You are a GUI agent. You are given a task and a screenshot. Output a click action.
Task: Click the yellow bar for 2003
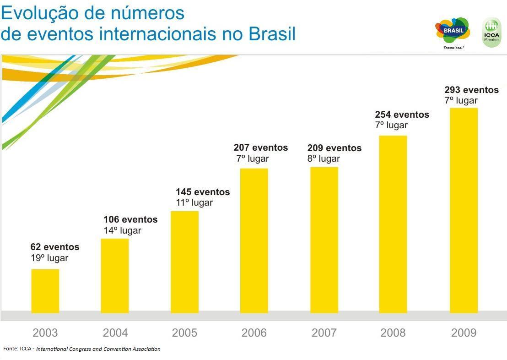[x=45, y=291]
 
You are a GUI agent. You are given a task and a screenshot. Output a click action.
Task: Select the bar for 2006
[x=254, y=240]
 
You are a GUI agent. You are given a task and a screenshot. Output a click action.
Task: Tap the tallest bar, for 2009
[x=464, y=211]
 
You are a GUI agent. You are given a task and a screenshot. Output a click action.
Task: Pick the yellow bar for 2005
[x=184, y=262]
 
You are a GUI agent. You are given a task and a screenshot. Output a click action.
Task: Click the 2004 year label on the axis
[x=115, y=333]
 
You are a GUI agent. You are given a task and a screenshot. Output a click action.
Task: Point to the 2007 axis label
[x=324, y=333]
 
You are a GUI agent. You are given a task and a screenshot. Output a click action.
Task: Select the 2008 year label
[x=393, y=333]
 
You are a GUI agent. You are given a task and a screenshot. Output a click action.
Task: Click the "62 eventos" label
[x=55, y=247]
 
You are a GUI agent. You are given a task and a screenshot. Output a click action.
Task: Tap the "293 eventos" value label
[x=471, y=90]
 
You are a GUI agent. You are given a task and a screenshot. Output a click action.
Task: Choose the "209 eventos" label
[x=334, y=148]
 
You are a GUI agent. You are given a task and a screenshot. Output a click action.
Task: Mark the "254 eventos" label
[x=402, y=115]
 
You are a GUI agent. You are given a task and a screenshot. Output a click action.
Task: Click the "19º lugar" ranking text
[x=49, y=258]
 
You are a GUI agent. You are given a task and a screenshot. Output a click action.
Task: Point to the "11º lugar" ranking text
[x=194, y=203]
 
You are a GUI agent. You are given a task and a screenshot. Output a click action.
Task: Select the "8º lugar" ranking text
[x=324, y=159]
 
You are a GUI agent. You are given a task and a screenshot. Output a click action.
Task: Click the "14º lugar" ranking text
[x=122, y=231]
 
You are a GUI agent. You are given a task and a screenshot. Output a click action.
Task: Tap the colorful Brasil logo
[x=453, y=31]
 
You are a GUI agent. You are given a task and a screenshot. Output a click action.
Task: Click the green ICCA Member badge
[x=492, y=32]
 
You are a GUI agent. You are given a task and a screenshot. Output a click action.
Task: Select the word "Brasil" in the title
[x=272, y=34]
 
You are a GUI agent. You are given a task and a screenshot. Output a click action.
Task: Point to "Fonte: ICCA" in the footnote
[x=18, y=349]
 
